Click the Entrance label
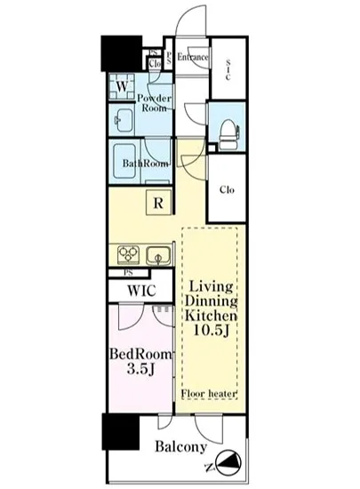coord(192,58)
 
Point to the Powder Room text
coord(156,100)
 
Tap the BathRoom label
coord(145,164)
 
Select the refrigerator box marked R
coord(157,203)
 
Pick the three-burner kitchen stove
coord(125,255)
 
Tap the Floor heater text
coord(209,394)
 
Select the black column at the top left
coord(120,52)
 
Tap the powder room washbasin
coord(121,121)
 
